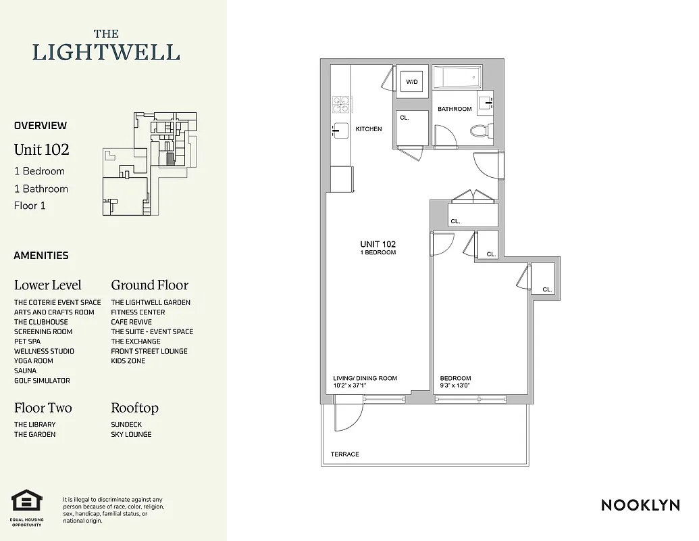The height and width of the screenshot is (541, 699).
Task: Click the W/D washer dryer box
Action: [x=411, y=82]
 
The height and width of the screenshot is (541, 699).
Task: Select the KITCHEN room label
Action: [x=369, y=129]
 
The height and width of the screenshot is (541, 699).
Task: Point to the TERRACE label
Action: [x=344, y=454]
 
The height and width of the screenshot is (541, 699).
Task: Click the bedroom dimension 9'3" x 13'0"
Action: [x=455, y=386]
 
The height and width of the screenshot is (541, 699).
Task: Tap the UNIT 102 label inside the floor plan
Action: [x=378, y=244]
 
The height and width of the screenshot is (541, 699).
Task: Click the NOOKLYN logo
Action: [x=640, y=504]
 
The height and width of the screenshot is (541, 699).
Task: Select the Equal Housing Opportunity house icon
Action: [x=27, y=502]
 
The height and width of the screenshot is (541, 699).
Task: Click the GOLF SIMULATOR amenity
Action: [x=42, y=381]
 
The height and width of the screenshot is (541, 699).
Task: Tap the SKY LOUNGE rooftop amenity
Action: [x=131, y=434]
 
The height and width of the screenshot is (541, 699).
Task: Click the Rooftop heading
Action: [x=134, y=408]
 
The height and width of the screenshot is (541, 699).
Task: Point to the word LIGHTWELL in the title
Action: [x=106, y=52]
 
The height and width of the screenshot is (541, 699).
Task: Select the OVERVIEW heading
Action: [x=41, y=125]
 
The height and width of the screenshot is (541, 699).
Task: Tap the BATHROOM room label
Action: [x=455, y=109]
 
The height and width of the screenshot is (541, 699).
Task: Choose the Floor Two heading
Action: [x=43, y=408]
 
